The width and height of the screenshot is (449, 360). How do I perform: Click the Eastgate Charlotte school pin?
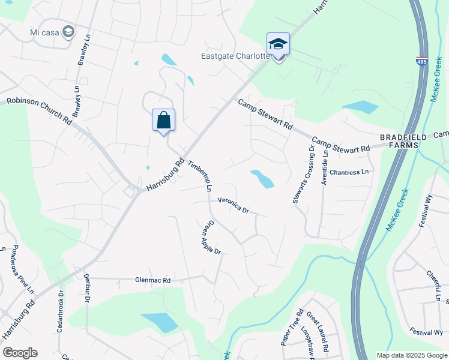278,44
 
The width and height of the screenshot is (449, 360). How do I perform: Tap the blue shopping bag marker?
163,120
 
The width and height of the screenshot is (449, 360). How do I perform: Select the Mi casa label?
45,31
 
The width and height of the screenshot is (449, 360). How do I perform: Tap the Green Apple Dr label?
211,238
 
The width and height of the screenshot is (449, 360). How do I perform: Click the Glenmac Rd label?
153,280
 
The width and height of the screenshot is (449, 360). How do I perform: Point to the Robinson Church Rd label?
40,110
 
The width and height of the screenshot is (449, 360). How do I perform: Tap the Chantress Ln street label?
348,173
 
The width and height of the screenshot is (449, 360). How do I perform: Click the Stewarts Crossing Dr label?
303,174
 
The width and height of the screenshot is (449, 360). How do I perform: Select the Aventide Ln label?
325,166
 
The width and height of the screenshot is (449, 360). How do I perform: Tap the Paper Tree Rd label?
292,327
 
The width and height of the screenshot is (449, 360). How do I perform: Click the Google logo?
20,353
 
